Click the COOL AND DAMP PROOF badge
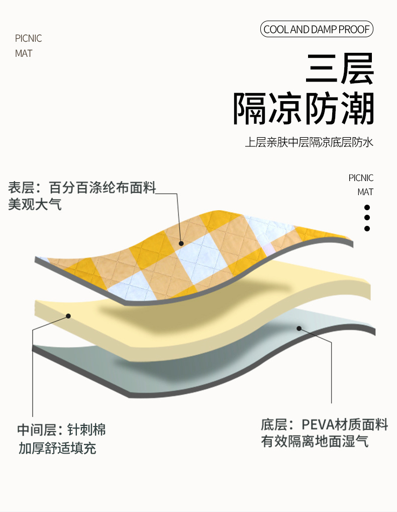click(x=317, y=29)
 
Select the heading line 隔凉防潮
click(x=304, y=109)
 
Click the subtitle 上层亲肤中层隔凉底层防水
click(x=309, y=143)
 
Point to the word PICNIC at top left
click(x=29, y=39)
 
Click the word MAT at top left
click(x=24, y=53)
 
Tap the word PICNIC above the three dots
click(x=361, y=178)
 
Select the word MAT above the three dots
click(x=365, y=192)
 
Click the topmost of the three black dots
click(x=367, y=207)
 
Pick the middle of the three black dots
click(x=367, y=218)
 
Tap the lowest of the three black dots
click(x=367, y=228)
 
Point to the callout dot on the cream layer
click(x=68, y=316)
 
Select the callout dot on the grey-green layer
click(x=299, y=328)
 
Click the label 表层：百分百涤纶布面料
click(x=82, y=189)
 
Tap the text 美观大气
click(x=35, y=205)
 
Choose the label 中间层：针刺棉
click(x=61, y=431)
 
